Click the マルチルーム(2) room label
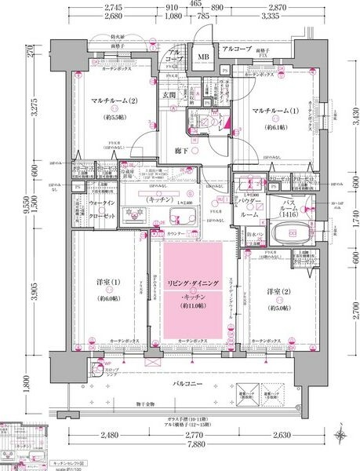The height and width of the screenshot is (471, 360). tap(115, 100)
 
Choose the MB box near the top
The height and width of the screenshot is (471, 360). tap(202, 57)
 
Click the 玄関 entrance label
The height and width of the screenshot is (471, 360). tap(169, 96)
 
